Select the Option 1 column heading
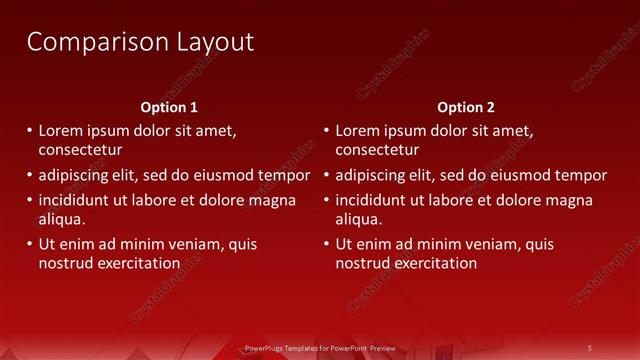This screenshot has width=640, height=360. click(x=170, y=107)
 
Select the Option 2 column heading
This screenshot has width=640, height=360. click(x=466, y=107)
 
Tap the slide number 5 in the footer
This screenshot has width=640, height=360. click(x=589, y=348)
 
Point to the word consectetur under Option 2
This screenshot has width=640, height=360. click(x=377, y=151)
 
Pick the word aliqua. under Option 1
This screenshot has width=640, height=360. click(x=62, y=219)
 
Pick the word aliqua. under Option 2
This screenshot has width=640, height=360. click(x=359, y=219)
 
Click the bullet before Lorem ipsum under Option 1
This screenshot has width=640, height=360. click(x=30, y=130)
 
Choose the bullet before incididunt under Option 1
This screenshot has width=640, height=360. click(x=30, y=199)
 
